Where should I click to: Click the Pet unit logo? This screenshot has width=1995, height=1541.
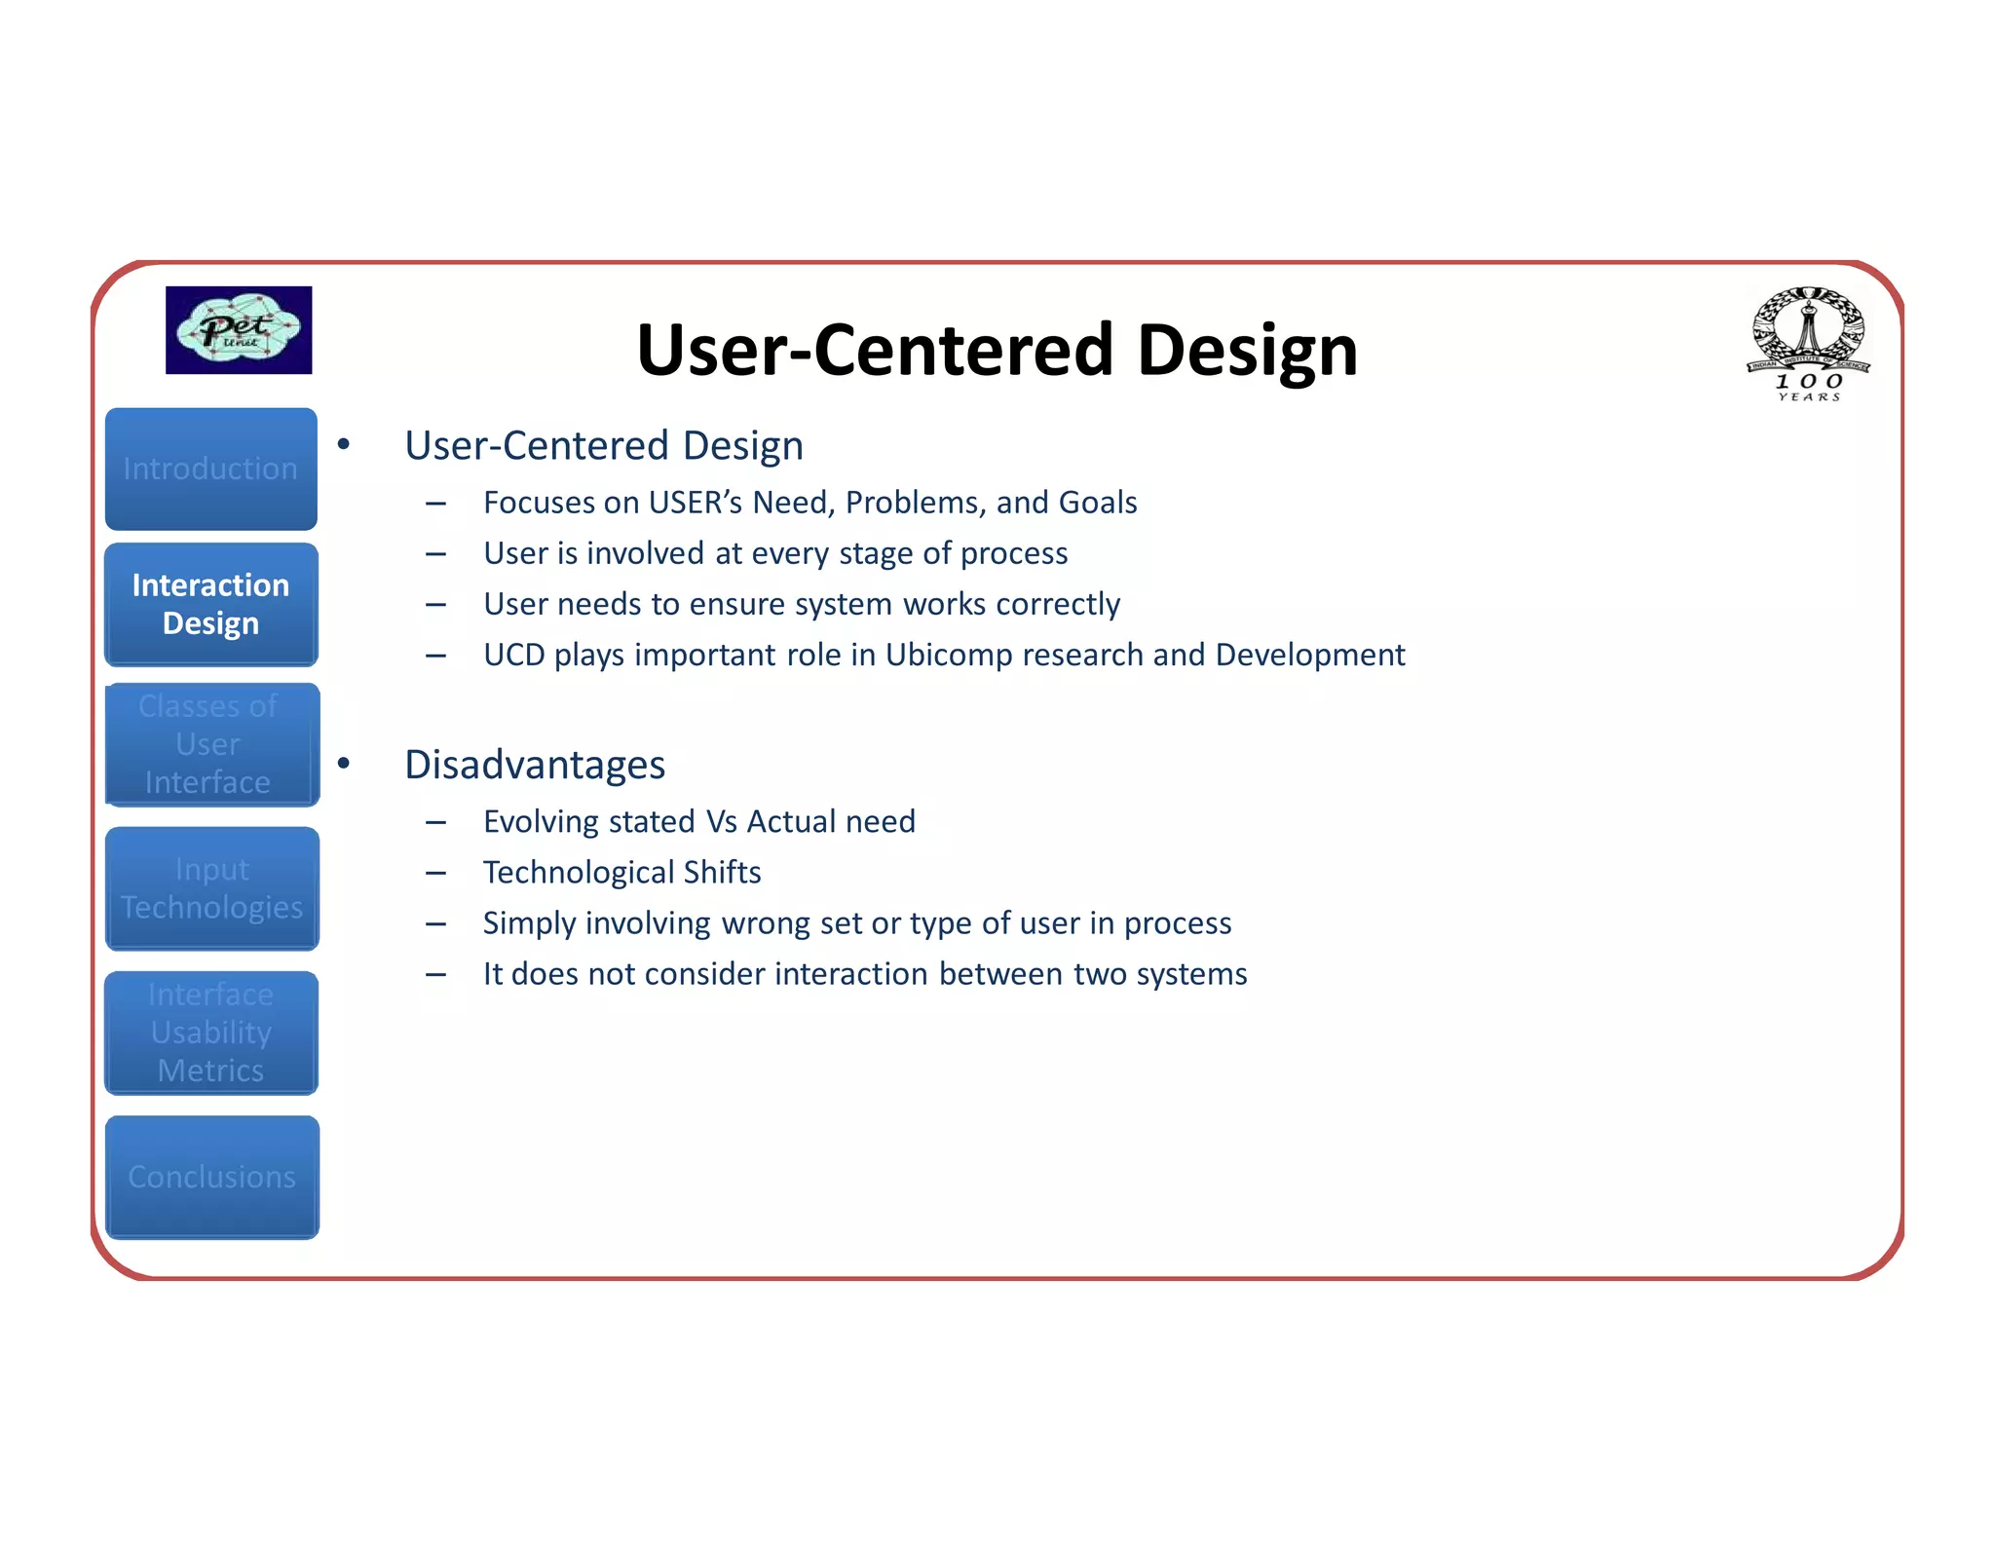239,330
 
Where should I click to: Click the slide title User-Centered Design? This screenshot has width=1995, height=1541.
997,350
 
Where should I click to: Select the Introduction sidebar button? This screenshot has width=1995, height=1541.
211,469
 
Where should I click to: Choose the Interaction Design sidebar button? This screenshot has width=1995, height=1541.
211,604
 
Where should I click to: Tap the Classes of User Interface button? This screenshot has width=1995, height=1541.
211,744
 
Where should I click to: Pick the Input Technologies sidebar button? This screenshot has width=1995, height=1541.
211,887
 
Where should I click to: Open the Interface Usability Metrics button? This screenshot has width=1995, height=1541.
211,1033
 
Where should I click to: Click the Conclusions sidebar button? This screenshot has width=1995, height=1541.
211,1177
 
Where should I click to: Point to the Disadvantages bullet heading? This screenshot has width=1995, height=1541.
535,765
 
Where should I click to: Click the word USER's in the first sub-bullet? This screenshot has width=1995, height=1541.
695,503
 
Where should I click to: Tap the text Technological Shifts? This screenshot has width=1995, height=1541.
621,872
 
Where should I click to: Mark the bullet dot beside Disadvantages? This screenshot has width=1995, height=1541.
344,763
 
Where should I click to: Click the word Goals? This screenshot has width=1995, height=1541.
1098,503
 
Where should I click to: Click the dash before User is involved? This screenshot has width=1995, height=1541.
435,554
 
